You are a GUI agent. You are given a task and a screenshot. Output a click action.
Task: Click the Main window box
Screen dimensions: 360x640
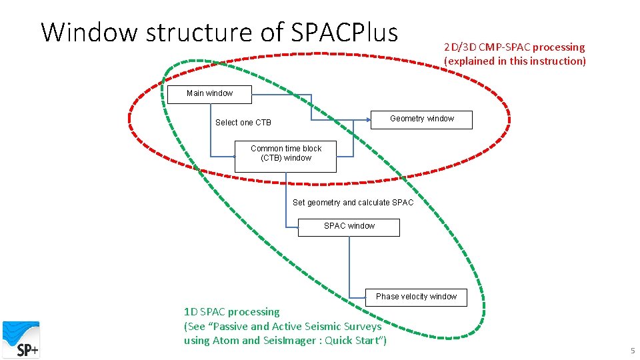tap(209, 94)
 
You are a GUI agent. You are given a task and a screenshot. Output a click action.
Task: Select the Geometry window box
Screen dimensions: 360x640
tap(421, 119)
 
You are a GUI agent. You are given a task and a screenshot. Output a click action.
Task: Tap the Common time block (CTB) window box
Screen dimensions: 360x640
tap(285, 155)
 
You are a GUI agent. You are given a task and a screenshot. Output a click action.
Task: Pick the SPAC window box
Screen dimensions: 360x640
tap(349, 227)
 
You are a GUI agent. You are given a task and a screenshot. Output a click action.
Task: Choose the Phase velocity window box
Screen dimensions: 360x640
tap(416, 297)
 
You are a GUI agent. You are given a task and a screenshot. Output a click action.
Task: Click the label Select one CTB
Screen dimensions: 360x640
tap(243, 123)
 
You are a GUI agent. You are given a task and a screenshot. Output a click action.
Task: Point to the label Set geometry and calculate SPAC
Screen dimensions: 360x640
tap(353, 203)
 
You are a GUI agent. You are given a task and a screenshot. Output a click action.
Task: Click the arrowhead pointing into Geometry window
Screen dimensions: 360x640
tap(368, 120)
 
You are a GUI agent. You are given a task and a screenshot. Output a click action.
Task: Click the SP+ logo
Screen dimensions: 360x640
tap(21, 339)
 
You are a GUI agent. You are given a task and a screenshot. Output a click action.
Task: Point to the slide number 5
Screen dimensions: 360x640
tap(633, 351)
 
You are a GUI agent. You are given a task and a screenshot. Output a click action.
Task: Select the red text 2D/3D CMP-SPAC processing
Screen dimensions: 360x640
tap(514, 47)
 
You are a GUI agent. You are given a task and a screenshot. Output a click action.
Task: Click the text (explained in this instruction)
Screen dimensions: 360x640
tap(515, 61)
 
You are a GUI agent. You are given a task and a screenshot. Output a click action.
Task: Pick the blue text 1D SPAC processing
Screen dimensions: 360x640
tap(231, 311)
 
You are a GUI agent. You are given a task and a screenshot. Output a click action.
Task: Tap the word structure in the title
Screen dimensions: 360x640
tap(192, 32)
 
